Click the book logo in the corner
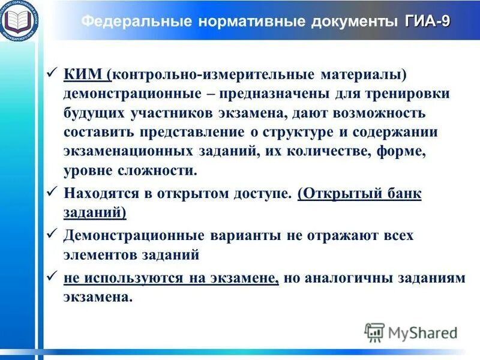[x=20, y=20]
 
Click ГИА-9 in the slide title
[x=428, y=22]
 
